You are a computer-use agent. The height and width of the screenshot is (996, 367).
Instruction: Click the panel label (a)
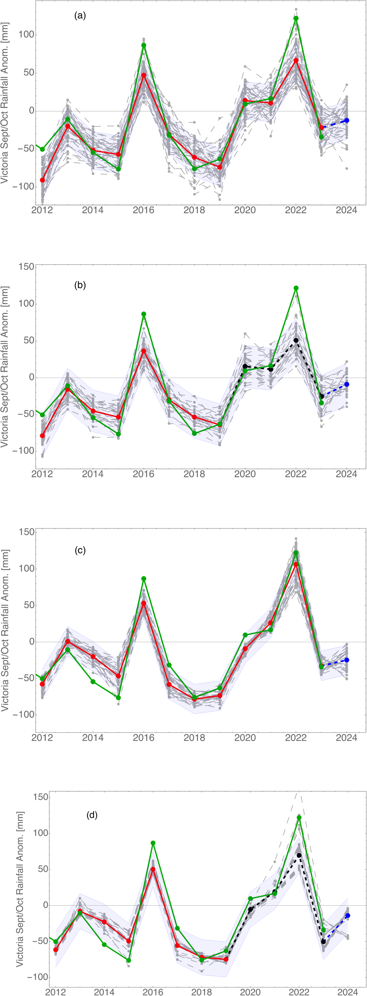click(80, 16)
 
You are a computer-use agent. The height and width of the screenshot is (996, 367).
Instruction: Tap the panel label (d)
click(92, 805)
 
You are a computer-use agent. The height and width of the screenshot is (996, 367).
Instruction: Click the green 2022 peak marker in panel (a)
click(296, 18)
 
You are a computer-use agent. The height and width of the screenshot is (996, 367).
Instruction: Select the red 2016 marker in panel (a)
click(144, 75)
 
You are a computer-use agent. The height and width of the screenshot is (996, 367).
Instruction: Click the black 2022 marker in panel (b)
click(296, 340)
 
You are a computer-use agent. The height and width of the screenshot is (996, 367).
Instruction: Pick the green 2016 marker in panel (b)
click(144, 314)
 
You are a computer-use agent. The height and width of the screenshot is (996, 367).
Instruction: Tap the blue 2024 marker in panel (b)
click(347, 384)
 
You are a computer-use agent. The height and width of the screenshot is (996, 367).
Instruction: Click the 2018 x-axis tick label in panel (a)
click(194, 211)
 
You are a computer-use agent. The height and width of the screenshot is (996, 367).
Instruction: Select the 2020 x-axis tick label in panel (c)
click(245, 738)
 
